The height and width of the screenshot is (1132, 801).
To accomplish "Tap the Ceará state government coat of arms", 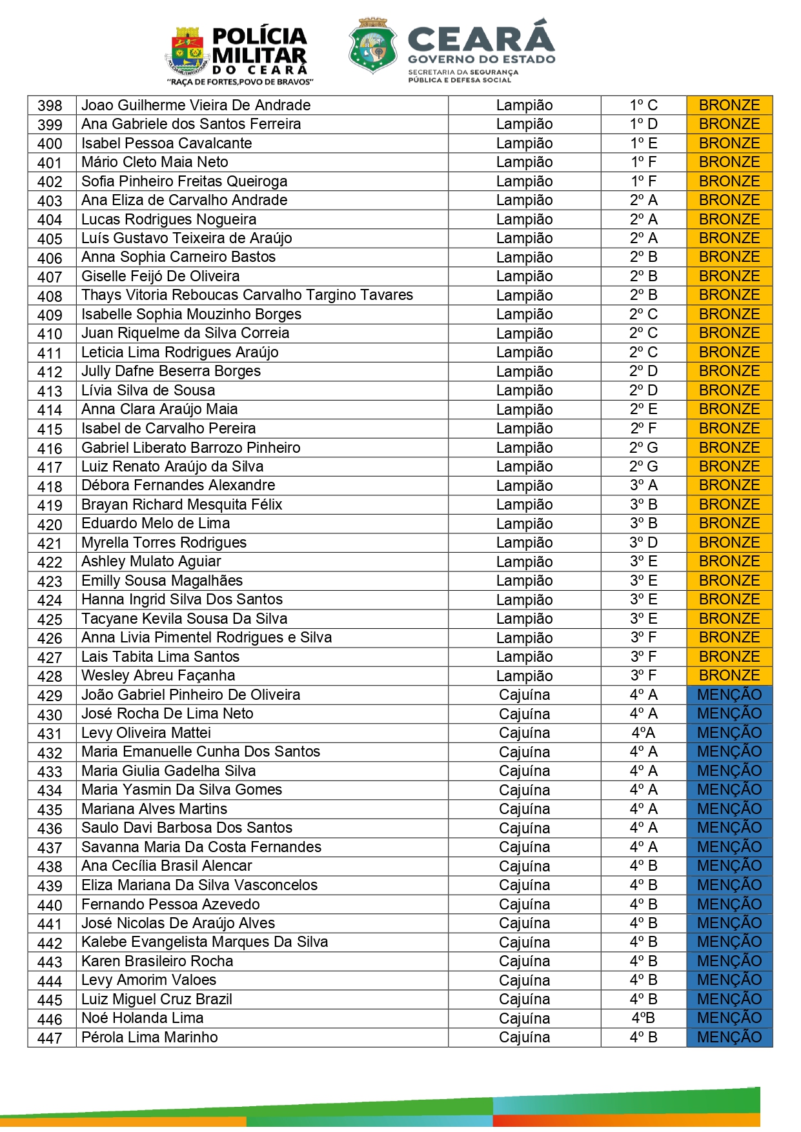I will point(372,45).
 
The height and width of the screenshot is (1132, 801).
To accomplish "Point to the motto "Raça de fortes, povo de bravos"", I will point(240,83).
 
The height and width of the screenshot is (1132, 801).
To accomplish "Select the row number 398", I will point(50,106).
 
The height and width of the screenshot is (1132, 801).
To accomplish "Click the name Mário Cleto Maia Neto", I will point(155,162).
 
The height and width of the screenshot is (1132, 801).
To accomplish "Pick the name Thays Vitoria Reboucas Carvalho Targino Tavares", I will point(247,295).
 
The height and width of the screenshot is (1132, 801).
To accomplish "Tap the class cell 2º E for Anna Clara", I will point(644,409).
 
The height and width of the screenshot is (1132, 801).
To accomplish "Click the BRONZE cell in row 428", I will point(729,675).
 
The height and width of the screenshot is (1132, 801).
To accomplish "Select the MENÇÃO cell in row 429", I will point(729,695).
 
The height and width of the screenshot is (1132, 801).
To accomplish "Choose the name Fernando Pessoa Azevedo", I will point(170,904).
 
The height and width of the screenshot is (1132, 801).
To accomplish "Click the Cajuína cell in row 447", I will point(524,1037).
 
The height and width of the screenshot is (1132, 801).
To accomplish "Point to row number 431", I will point(50,733).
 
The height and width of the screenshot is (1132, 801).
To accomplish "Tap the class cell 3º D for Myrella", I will point(644,542).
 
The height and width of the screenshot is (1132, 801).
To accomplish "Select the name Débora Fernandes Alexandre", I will point(178,485).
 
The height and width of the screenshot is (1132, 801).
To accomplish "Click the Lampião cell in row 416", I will point(524,448).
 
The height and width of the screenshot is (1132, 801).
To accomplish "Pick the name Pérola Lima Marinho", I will point(150,1037).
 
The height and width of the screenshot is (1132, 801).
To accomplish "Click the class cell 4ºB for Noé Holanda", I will point(644,1018).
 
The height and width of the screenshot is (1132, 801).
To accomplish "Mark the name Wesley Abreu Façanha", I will point(158,675).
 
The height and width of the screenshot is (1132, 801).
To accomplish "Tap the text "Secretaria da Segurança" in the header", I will point(463,72).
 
